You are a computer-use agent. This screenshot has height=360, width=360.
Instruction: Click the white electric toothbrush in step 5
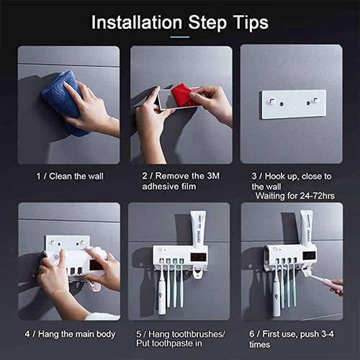tap(162, 295)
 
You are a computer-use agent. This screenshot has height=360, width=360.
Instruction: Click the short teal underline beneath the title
tap(179, 36)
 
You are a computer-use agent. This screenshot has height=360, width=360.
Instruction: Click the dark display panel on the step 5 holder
tap(199, 256)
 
